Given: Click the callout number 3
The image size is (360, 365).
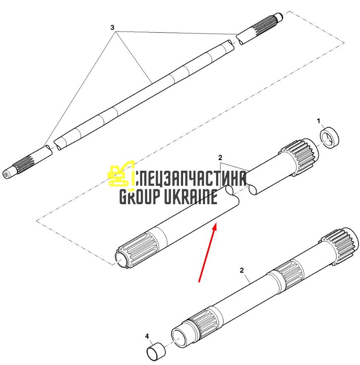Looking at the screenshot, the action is tap(112, 28).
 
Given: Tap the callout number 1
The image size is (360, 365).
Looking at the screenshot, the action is tap(319, 121).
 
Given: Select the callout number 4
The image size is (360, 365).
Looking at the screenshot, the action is tap(147, 336).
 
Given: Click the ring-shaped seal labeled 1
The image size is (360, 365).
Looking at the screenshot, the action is tap(329, 138).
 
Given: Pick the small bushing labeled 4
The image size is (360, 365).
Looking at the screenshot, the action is tap(156, 350).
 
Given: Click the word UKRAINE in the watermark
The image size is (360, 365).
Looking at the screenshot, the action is tap(191, 197).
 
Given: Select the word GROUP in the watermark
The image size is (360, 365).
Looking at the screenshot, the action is tap(140, 197).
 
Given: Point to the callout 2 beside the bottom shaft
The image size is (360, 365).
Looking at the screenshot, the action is tap(242, 270).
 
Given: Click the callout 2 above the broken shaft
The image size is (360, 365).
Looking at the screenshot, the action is tap(220, 158).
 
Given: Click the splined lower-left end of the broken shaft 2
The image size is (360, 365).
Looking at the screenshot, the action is tap(137, 250).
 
